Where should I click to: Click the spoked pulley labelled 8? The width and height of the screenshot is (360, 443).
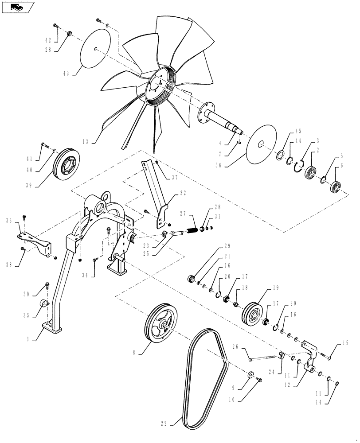[162, 326]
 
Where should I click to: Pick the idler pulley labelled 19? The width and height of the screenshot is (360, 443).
[253, 315]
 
